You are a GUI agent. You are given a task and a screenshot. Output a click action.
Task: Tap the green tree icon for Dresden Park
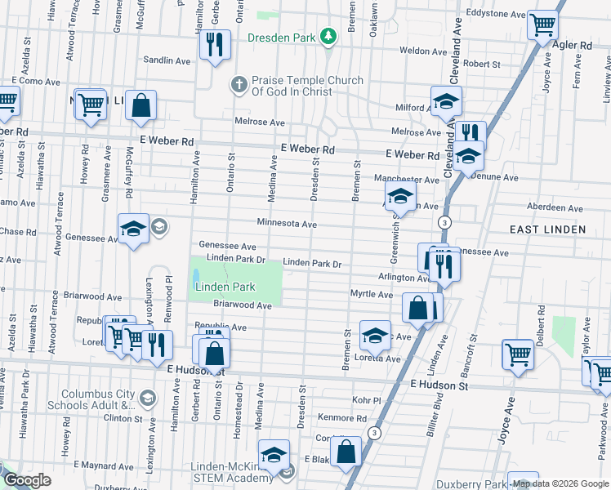click(328, 36)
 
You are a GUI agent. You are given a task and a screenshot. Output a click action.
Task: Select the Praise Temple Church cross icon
click(238, 83)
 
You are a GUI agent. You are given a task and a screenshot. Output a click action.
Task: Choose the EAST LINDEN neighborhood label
click(547, 229)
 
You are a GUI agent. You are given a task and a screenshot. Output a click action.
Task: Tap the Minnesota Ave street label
click(286, 224)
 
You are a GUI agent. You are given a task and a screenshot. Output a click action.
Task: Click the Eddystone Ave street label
click(495, 14)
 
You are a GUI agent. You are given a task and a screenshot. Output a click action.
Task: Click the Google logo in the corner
click(27, 480)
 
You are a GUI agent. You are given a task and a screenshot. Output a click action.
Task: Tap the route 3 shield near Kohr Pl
click(374, 434)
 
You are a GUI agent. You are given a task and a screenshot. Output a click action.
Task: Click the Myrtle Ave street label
click(372, 294)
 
